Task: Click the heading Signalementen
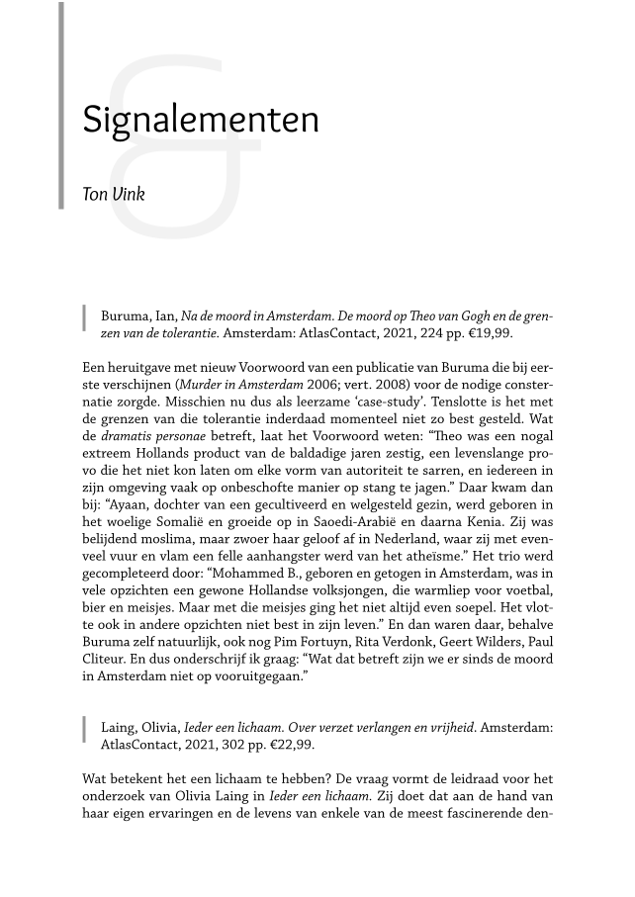pyautogui.click(x=201, y=120)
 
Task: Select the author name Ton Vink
pyautogui.click(x=114, y=194)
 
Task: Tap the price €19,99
pyautogui.click(x=518, y=333)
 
